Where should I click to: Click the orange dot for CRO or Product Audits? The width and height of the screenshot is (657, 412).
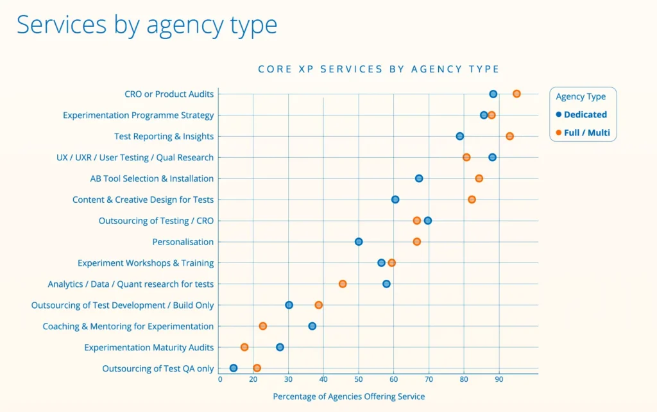516,94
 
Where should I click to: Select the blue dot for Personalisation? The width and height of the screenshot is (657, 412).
359,242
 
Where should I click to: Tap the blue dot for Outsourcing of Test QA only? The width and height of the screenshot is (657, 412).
234,368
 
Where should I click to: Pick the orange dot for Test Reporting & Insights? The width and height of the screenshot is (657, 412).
509,136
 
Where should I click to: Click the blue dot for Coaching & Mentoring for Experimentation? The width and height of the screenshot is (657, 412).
312,326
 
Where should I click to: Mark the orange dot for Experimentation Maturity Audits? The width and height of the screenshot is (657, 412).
244,347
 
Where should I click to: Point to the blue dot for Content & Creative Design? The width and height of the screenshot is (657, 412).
395,200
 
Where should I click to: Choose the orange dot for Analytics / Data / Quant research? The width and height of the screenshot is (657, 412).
343,284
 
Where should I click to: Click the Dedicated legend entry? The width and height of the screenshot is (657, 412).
584,115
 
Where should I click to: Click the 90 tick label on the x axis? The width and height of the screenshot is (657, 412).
499,379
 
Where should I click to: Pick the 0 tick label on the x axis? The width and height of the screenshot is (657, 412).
220,379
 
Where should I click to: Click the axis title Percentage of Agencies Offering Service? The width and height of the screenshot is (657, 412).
348,397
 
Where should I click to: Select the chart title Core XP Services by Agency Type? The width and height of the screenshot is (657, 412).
378,69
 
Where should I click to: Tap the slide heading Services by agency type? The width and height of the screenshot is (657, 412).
147,25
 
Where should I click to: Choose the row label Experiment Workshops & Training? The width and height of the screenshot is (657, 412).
146,263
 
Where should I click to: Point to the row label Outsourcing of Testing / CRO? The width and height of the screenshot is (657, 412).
156,221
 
